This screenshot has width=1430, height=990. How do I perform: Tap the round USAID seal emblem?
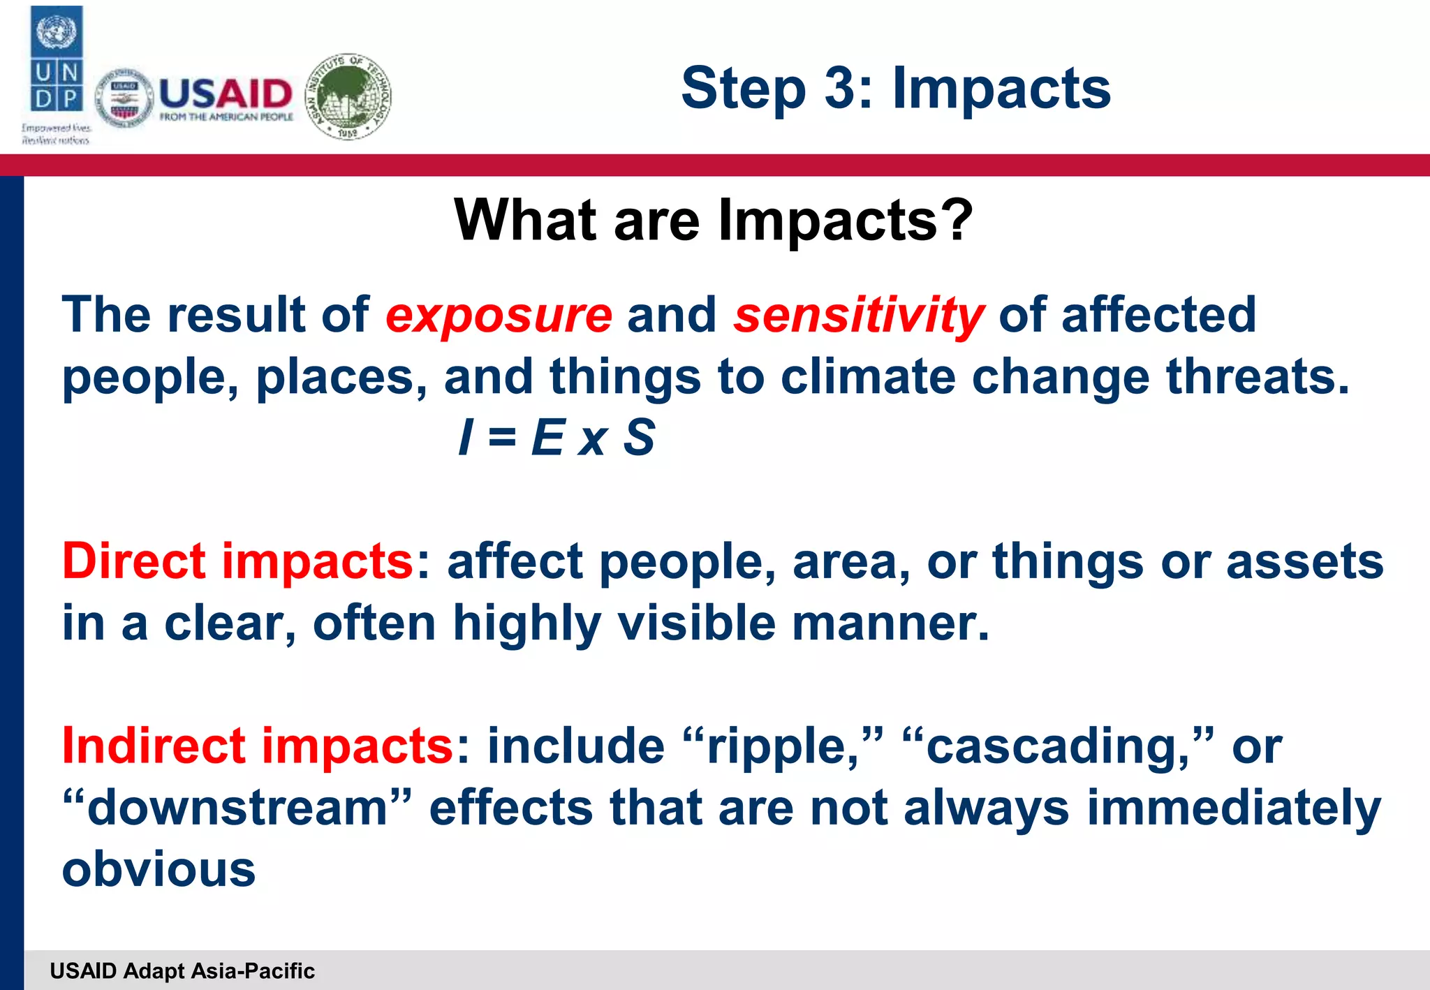(124, 98)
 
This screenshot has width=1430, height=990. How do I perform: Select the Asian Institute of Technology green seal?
(349, 96)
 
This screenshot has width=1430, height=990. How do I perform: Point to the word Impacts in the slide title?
(1001, 88)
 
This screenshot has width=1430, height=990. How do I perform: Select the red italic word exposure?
(499, 316)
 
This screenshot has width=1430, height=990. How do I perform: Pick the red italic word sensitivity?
(858, 316)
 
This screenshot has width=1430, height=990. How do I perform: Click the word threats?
(1258, 377)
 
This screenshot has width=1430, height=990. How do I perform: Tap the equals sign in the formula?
(502, 438)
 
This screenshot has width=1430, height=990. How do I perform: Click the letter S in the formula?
(638, 438)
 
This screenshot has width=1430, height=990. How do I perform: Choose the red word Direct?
(133, 561)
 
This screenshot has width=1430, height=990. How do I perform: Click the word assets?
(1304, 561)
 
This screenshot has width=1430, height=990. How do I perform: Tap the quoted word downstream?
(237, 808)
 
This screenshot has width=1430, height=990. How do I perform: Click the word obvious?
(159, 870)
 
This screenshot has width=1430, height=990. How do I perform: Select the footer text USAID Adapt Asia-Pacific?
(182, 970)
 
